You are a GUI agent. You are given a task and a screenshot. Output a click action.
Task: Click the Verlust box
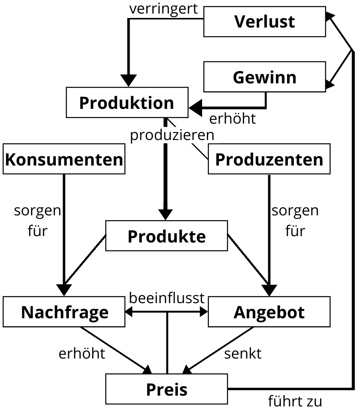tap(264, 22)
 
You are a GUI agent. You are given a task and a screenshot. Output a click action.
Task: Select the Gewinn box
tap(264, 77)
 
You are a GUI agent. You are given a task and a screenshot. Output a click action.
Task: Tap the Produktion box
tap(126, 103)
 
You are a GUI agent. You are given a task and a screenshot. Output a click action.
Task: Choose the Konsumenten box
tap(64, 160)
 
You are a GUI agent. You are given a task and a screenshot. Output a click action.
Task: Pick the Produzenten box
tap(269, 160)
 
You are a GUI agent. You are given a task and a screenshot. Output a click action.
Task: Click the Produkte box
tap(167, 236)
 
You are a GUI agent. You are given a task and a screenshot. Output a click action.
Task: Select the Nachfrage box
tap(64, 312)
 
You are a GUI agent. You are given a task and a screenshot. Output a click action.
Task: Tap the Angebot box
tap(269, 312)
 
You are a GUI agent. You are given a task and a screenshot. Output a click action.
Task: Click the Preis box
tap(167, 389)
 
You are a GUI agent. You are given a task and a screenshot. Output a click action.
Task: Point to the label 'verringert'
tap(164, 9)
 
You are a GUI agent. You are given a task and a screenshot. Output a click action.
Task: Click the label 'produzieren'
tap(172, 135)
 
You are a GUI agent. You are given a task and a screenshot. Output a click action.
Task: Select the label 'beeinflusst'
tap(167, 298)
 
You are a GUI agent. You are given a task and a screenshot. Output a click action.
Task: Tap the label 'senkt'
tap(243, 353)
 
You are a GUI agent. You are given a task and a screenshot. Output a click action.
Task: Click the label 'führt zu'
tap(295, 401)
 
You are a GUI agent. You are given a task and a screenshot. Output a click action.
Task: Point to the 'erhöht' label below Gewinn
tap(232, 118)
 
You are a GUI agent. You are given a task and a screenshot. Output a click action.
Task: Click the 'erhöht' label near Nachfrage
tap(82, 353)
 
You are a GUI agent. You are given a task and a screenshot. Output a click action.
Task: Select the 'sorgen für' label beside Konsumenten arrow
tap(37, 221)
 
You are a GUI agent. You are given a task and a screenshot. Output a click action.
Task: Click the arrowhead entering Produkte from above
tap(166, 215)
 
